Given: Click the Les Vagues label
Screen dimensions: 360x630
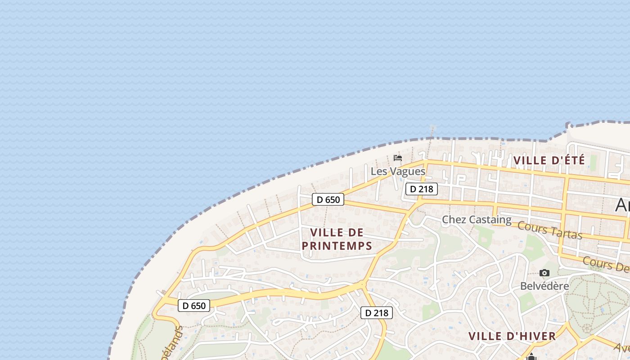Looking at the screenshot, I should [398, 171].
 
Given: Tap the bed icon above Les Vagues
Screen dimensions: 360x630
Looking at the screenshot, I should [398, 158].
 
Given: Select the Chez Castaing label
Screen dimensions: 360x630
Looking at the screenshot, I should [477, 220].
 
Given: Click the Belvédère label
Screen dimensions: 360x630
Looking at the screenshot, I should [544, 286].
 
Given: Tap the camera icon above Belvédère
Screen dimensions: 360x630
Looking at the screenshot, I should [544, 273].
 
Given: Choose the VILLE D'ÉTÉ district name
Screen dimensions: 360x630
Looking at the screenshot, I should [549, 160].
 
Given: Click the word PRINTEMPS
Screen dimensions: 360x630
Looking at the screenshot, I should [337, 246].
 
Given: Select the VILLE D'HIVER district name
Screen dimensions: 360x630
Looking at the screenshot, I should [512, 336].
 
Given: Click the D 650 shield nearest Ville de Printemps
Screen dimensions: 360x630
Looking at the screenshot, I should [328, 199].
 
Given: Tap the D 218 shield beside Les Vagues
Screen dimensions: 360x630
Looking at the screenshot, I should [422, 189].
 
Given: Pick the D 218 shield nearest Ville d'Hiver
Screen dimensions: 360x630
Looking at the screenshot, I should [377, 313].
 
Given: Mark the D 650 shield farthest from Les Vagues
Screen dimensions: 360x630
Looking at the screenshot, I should [194, 306].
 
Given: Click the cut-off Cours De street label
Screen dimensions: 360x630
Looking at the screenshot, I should [606, 264].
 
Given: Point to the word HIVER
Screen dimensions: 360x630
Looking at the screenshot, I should [534, 336].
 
